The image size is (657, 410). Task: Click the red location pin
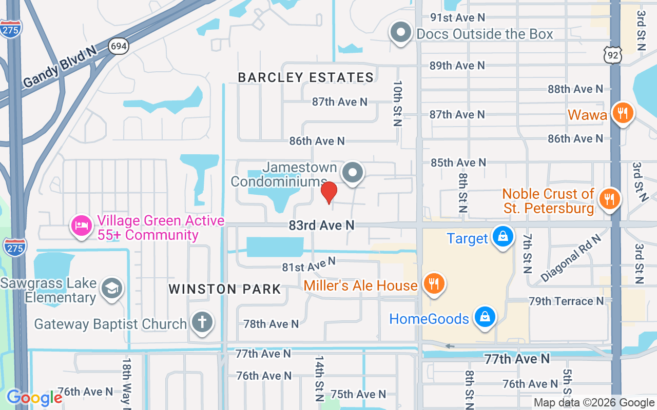click(x=329, y=192)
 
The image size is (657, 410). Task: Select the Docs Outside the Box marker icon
click(x=401, y=33)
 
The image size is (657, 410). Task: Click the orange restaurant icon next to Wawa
click(x=623, y=113)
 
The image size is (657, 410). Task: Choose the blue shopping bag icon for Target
click(x=503, y=237)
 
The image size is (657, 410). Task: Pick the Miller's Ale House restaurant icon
click(x=434, y=284)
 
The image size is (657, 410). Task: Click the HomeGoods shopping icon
click(x=485, y=317)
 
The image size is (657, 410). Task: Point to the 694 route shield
click(x=118, y=47)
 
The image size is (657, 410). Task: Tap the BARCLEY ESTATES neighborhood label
click(x=306, y=77)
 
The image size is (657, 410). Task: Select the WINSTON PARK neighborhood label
click(x=225, y=289)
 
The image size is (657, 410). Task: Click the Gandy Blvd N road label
click(x=60, y=67)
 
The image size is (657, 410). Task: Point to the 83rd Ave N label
click(x=322, y=225)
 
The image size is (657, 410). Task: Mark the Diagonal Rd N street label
click(x=570, y=259)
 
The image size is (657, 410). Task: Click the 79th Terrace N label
click(x=566, y=301)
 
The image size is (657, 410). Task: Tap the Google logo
click(x=34, y=397)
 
